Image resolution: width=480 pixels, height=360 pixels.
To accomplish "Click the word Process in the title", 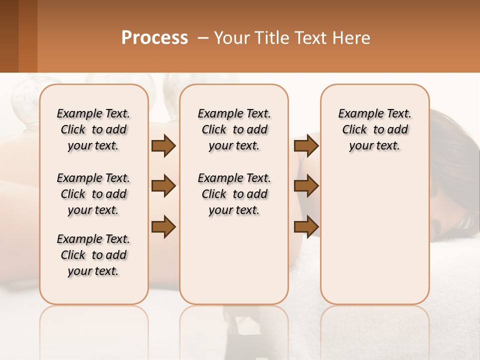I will (154, 38).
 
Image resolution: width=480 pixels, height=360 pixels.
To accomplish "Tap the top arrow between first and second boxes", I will (163, 145).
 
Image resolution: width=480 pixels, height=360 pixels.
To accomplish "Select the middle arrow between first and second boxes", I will (163, 186).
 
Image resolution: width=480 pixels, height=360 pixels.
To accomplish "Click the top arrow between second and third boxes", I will (306, 145).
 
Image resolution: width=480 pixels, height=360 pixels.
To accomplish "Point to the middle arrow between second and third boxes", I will (306, 186).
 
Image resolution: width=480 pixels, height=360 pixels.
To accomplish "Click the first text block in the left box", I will (93, 129).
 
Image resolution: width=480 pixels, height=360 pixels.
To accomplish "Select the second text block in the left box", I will (93, 194).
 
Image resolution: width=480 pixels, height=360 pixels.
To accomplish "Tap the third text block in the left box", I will (93, 255).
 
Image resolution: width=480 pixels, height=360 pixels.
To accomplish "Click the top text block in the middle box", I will (234, 129).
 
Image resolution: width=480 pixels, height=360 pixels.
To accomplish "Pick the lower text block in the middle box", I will (234, 194).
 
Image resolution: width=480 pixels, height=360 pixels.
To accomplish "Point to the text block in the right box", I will (374, 129).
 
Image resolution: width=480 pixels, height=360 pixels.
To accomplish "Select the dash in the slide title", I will (202, 38).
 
